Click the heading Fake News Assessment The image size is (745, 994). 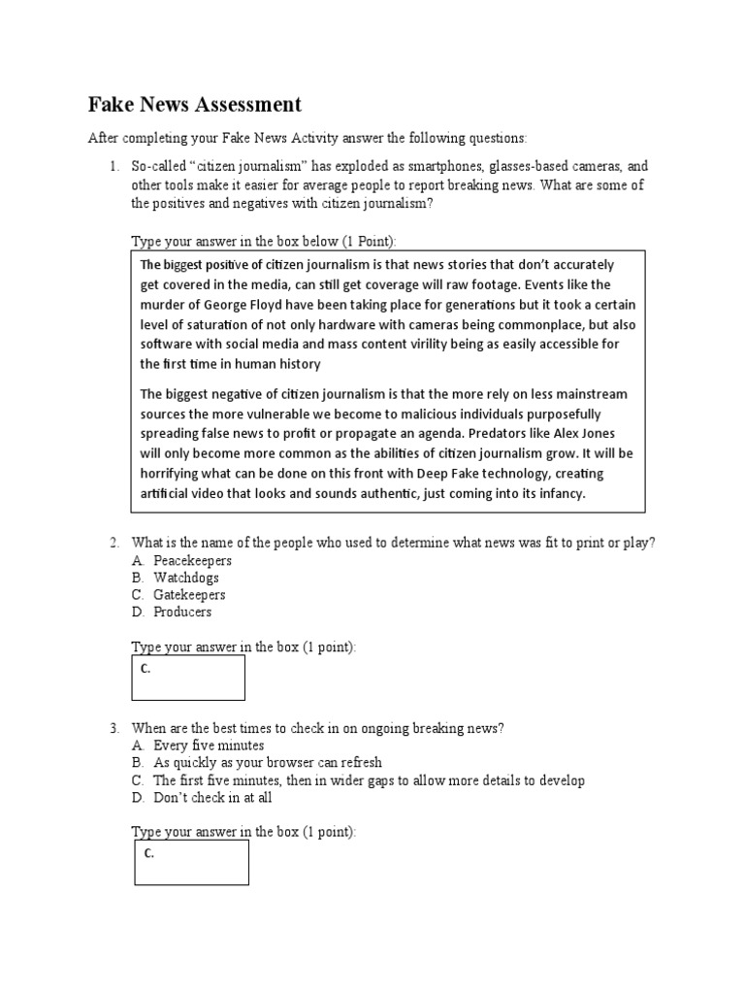[x=195, y=105]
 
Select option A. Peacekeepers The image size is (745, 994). [x=192, y=561]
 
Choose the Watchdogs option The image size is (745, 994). [x=186, y=578]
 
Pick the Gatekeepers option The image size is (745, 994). [x=189, y=595]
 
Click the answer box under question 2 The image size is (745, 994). [x=188, y=678]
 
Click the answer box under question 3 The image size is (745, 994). [x=191, y=862]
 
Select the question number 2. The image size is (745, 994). [x=113, y=543]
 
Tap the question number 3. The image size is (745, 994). [x=113, y=728]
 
